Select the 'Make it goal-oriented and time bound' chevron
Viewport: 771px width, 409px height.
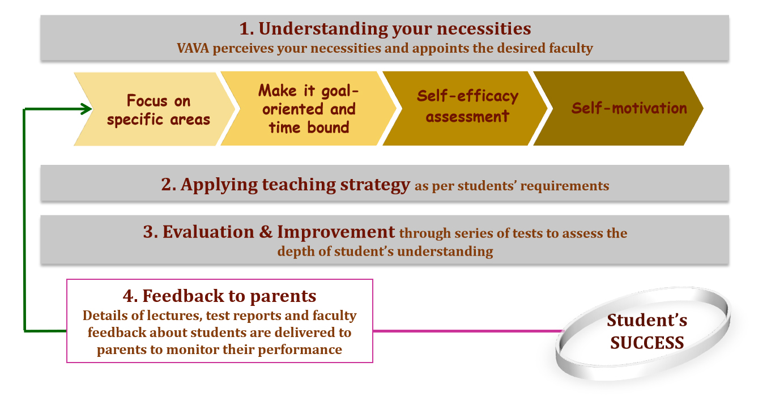tap(309, 109)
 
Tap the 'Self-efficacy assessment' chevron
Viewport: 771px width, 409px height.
tap(467, 106)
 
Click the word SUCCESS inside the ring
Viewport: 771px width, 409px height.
tap(647, 342)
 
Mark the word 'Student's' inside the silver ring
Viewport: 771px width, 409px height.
tap(647, 321)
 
